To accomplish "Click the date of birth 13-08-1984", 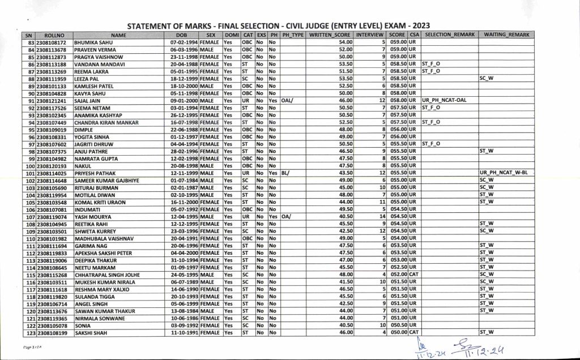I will click(x=184, y=311).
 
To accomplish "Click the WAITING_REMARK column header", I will click(x=506, y=35).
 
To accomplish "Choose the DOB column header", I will click(x=183, y=35).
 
